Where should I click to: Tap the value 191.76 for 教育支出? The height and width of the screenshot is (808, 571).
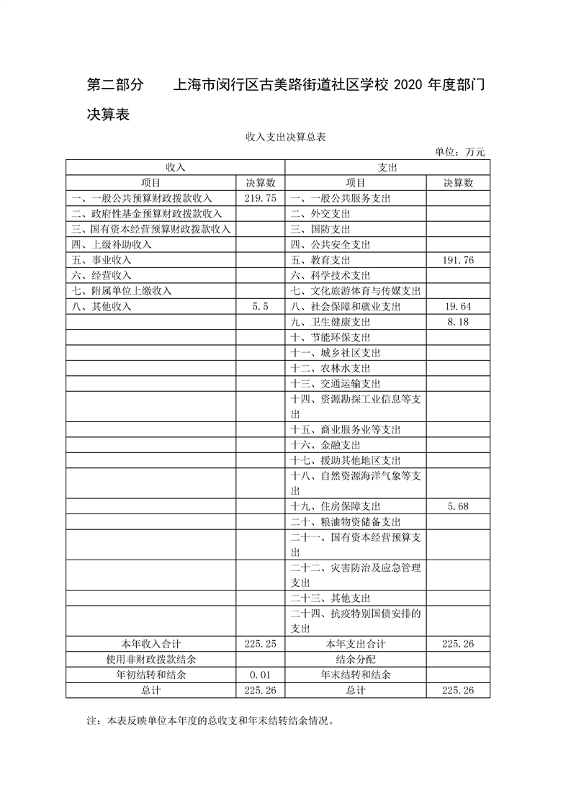(458, 260)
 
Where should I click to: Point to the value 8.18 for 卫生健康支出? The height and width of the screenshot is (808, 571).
(458, 322)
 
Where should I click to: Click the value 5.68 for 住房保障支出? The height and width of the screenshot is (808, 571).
(458, 506)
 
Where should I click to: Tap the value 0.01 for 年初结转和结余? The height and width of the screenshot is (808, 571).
(261, 675)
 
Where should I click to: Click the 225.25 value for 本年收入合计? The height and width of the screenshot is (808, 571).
(261, 644)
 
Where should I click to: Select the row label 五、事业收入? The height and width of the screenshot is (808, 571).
(102, 260)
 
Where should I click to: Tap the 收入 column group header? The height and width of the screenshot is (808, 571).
(176, 167)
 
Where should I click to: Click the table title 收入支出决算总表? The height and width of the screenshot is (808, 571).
(286, 137)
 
